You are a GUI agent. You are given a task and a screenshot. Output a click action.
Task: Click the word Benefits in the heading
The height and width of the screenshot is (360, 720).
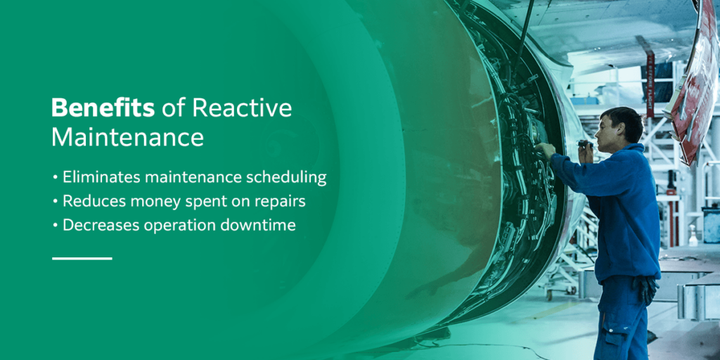[103, 108]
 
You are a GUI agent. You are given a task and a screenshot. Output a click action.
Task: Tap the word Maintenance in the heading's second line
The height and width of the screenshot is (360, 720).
[127, 136]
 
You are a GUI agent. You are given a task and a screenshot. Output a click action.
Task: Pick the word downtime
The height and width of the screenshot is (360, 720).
[270, 225]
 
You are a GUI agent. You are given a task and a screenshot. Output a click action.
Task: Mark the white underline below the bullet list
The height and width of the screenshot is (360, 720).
[82, 258]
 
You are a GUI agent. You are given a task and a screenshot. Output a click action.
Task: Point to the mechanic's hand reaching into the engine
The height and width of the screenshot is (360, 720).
[546, 150]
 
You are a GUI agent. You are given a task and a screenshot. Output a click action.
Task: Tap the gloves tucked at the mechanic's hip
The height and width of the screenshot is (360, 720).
[645, 288]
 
